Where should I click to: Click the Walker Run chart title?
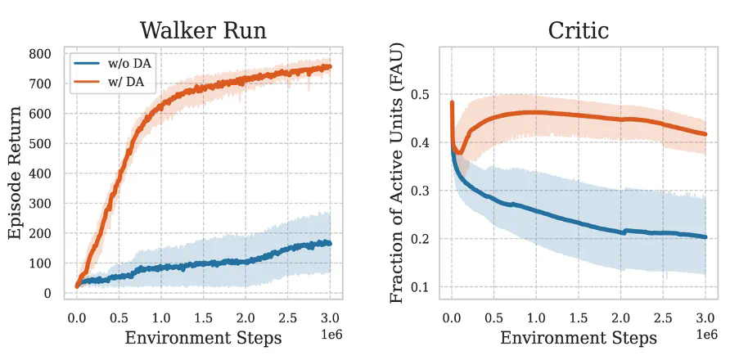pyautogui.click(x=203, y=30)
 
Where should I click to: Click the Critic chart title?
pyautogui.click(x=578, y=30)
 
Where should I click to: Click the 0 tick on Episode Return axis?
pyautogui.click(x=47, y=294)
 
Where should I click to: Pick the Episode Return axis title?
pyautogui.click(x=15, y=173)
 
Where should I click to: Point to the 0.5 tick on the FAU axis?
pyautogui.click(x=421, y=95)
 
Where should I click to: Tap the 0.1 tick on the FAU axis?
pyautogui.click(x=421, y=287)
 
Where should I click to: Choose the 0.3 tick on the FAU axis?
pyautogui.click(x=421, y=191)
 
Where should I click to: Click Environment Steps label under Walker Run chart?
pyautogui.click(x=203, y=337)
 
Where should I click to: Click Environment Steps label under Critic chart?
pyautogui.click(x=578, y=337)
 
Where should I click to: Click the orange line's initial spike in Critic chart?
pyautogui.click(x=453, y=103)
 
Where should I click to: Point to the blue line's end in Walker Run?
pyautogui.click(x=330, y=243)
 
